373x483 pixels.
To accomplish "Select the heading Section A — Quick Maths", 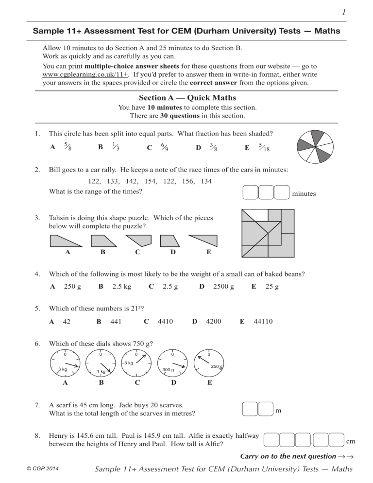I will pyautogui.click(x=187, y=98).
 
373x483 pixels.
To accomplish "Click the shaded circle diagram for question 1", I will pyautogui.click(x=316, y=146).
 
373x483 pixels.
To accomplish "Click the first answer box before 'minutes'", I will pyautogui.click(x=250, y=192).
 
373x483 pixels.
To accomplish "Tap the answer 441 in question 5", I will pyautogui.click(x=116, y=321).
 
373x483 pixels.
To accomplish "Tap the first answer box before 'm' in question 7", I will pyautogui.click(x=250, y=409).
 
